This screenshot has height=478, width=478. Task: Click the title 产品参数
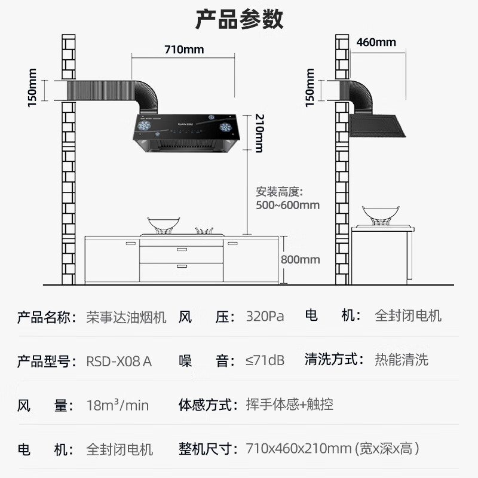(x=239, y=19)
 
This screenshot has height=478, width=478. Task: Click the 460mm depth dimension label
(x=376, y=42)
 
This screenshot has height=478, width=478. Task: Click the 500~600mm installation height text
(x=288, y=205)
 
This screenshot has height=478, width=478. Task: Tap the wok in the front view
(x=161, y=223)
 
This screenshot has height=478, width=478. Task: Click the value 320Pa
(x=265, y=316)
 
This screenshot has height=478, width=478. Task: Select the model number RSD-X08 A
(x=119, y=360)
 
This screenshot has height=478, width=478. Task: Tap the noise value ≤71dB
(x=265, y=360)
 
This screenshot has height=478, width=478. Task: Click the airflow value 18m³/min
(x=118, y=406)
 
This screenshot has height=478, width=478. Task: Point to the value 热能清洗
(x=402, y=360)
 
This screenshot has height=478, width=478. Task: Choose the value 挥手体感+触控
(x=289, y=405)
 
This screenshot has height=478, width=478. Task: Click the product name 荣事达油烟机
(x=127, y=316)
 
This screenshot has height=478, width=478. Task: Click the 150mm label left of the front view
(x=32, y=90)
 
